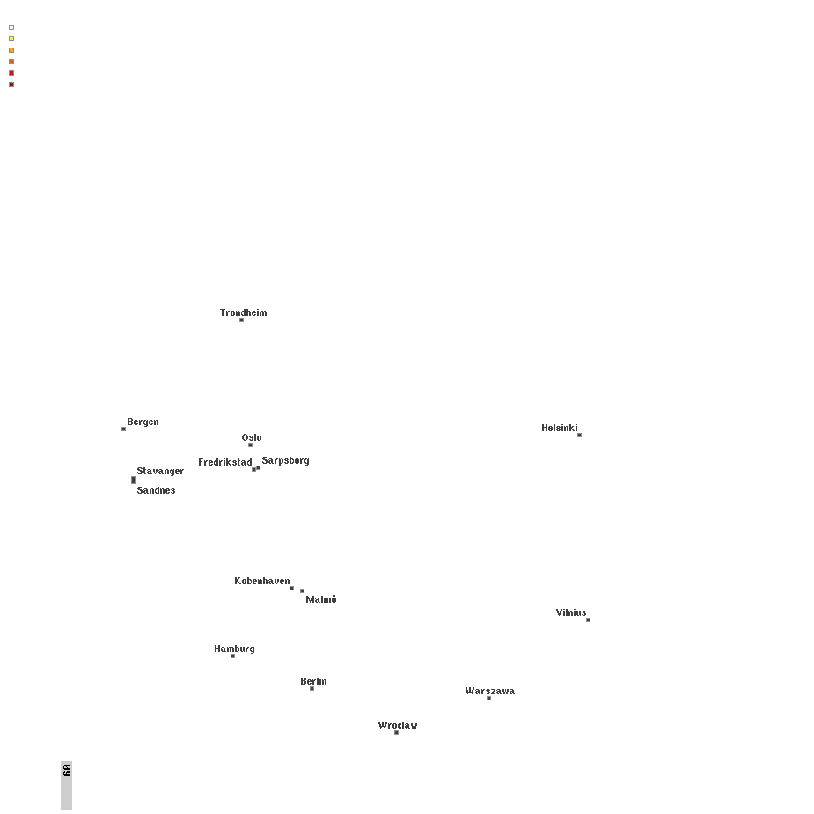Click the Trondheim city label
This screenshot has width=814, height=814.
click(x=243, y=312)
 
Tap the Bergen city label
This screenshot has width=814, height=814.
click(x=143, y=422)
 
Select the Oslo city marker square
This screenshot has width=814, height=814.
click(x=250, y=444)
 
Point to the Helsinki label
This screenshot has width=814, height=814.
click(x=559, y=428)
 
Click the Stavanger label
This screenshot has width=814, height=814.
click(x=160, y=471)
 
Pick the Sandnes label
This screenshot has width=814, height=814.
click(x=156, y=490)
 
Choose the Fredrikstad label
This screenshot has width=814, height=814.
click(x=224, y=462)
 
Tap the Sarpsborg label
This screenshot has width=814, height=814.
click(x=285, y=460)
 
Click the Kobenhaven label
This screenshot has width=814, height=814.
click(x=261, y=581)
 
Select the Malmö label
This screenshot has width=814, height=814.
click(x=321, y=599)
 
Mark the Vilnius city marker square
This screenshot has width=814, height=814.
click(x=588, y=620)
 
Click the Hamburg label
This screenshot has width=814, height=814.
click(x=234, y=649)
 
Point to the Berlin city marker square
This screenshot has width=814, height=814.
click(x=312, y=688)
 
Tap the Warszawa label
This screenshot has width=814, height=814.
click(x=489, y=691)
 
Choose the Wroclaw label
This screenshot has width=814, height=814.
click(x=398, y=725)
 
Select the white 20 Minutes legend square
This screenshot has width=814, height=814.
click(x=11, y=27)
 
